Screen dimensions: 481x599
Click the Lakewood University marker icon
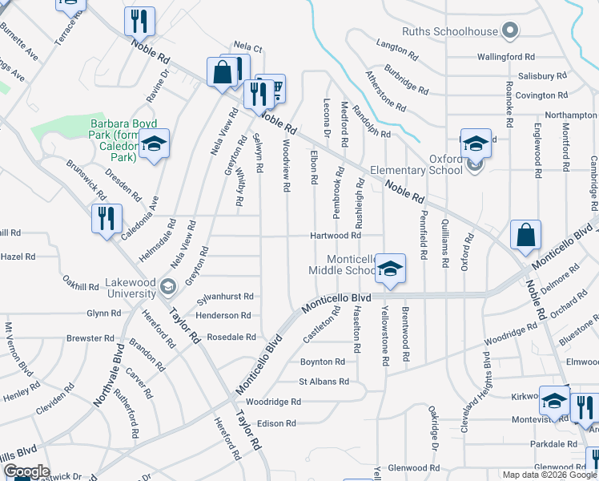167,286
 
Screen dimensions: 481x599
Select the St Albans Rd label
324,382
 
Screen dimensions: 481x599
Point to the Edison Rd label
276,422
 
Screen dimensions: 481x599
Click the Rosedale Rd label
231,337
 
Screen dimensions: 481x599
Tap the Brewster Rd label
88,338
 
